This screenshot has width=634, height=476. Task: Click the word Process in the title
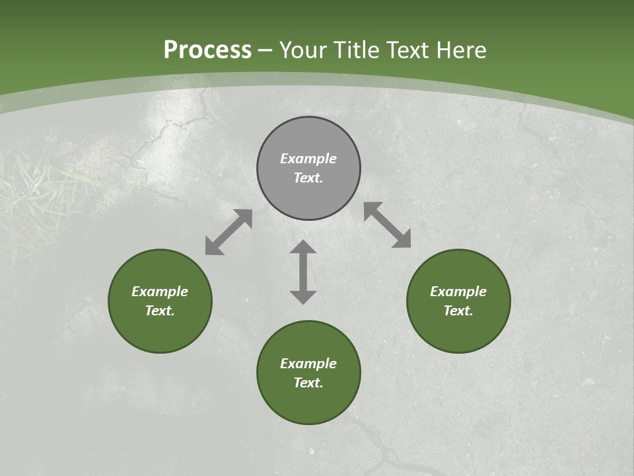pyautogui.click(x=207, y=50)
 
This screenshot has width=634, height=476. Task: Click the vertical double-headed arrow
pyautogui.click(x=303, y=272)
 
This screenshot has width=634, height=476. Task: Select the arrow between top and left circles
pyautogui.click(x=229, y=232)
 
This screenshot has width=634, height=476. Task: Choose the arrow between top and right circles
pyautogui.click(x=388, y=225)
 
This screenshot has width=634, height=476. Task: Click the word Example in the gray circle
pyautogui.click(x=308, y=159)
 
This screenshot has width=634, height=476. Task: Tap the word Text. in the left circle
pyautogui.click(x=160, y=311)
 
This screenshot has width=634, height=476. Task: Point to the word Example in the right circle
pyautogui.click(x=458, y=292)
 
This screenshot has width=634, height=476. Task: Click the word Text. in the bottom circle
pyautogui.click(x=308, y=383)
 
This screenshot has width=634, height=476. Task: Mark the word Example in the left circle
pyautogui.click(x=160, y=292)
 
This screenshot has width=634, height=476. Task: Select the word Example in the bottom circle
pyautogui.click(x=308, y=364)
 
